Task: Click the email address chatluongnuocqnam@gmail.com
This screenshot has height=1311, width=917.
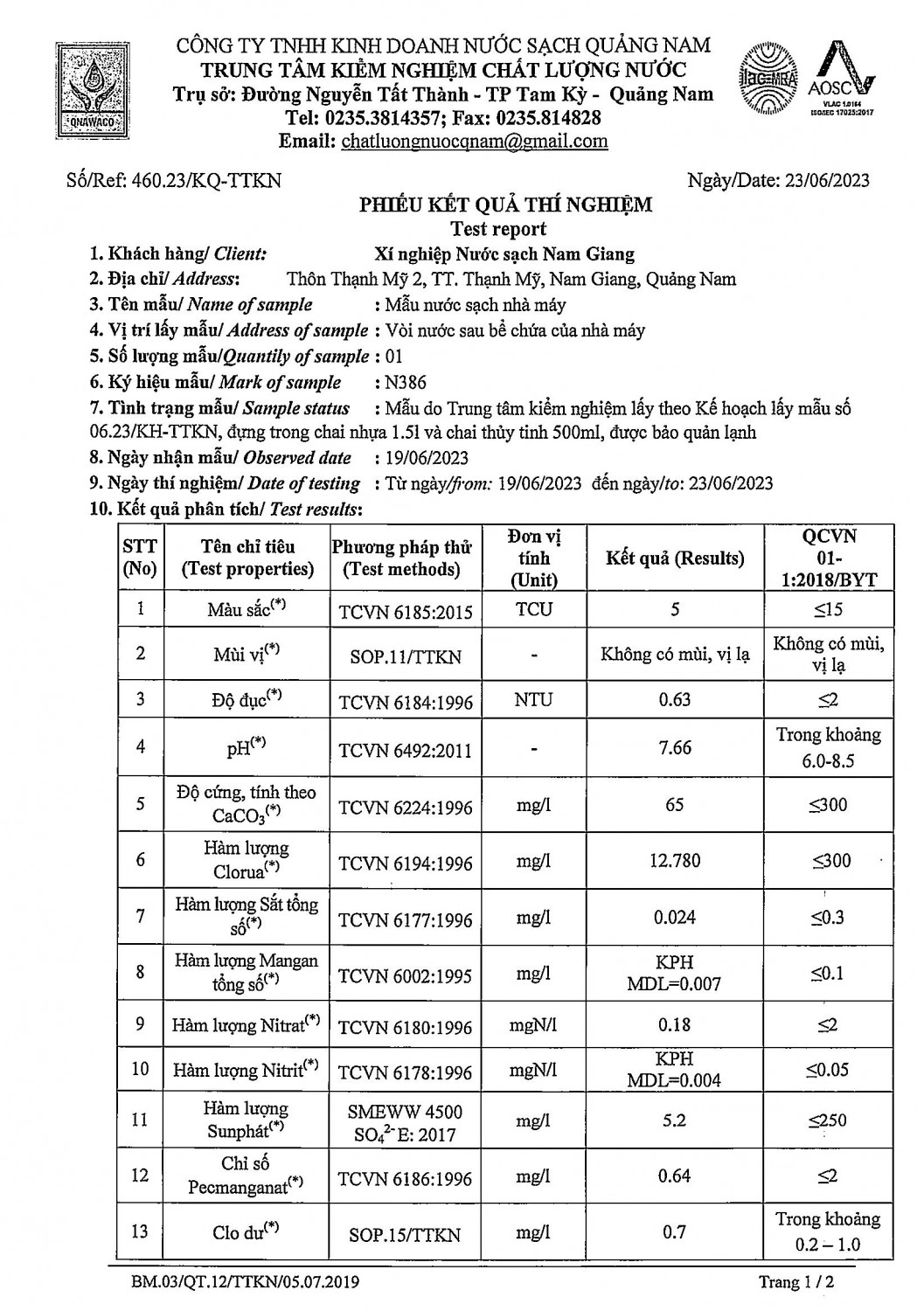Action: pyautogui.click(x=474, y=142)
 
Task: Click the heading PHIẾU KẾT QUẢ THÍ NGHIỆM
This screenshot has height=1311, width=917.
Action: pyautogui.click(x=506, y=205)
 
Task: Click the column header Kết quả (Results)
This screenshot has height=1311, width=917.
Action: pyautogui.click(x=674, y=558)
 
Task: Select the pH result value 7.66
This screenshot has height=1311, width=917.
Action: pyautogui.click(x=674, y=746)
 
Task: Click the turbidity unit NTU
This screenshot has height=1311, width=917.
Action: pyautogui.click(x=533, y=700)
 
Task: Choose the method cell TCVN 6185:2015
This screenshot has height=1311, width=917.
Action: pyautogui.click(x=406, y=611)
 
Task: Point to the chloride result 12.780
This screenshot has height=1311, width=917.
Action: pyautogui.click(x=674, y=861)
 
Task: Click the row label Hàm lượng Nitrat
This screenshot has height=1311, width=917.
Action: pyautogui.click(x=245, y=1024)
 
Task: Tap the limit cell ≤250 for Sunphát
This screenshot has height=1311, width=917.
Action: pyautogui.click(x=827, y=1120)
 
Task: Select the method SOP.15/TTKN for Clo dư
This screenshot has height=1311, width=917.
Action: pyautogui.click(x=405, y=1234)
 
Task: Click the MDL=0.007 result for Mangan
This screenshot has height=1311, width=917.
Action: pyautogui.click(x=674, y=984)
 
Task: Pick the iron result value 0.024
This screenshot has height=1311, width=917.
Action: pyautogui.click(x=674, y=917)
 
